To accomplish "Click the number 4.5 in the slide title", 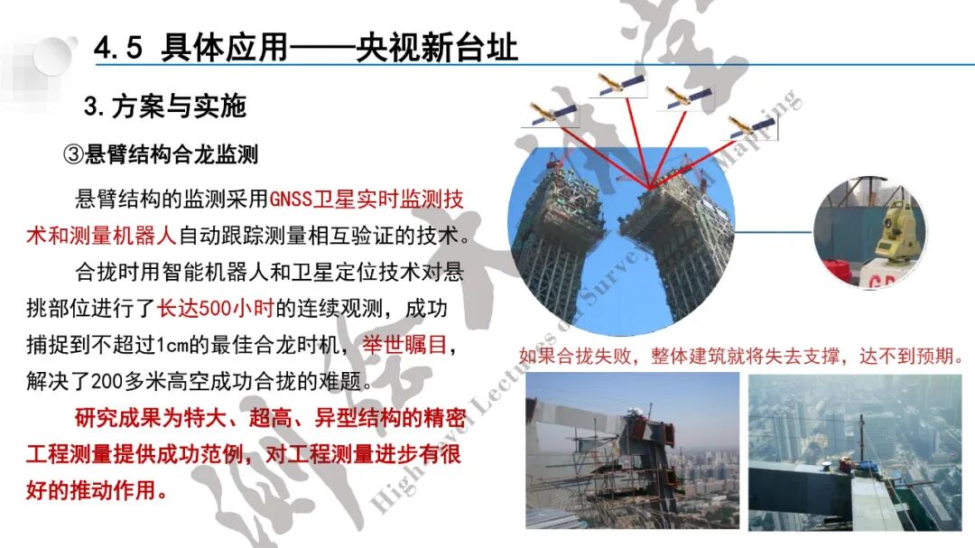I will pyautogui.click(x=119, y=48).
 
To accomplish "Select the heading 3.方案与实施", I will pyautogui.click(x=165, y=107).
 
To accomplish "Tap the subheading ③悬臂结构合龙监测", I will pyautogui.click(x=160, y=154).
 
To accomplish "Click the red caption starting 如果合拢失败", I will pyautogui.click(x=742, y=356).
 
